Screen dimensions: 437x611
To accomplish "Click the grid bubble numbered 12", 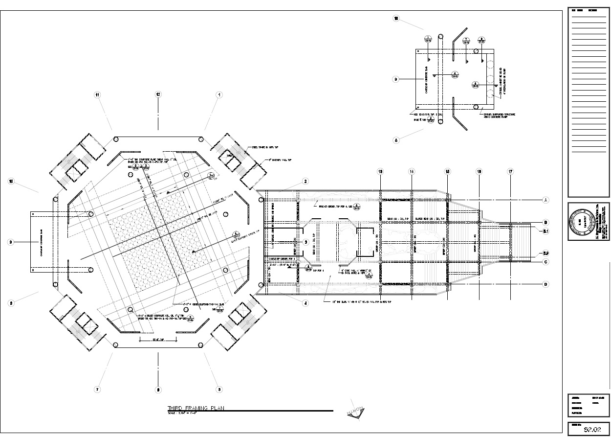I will point(158,94).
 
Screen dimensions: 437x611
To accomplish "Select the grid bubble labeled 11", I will point(98,94).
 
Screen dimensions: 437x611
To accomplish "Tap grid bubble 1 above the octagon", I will point(219,94).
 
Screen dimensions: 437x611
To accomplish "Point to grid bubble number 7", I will point(98,390).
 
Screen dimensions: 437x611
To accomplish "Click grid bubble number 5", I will point(219,390).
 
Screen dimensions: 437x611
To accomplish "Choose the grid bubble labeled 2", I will point(305,182).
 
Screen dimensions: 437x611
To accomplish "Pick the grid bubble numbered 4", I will point(305,303).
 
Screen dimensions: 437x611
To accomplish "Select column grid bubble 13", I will point(380,172).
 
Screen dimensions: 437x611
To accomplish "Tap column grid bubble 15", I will point(447,172).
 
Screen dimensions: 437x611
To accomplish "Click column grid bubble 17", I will point(510,172).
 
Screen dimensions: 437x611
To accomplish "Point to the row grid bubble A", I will point(546,200).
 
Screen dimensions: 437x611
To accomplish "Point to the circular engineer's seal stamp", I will point(580,222).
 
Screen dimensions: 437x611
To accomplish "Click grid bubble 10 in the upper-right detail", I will point(396,19).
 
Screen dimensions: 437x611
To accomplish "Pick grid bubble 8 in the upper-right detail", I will point(396,140).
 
